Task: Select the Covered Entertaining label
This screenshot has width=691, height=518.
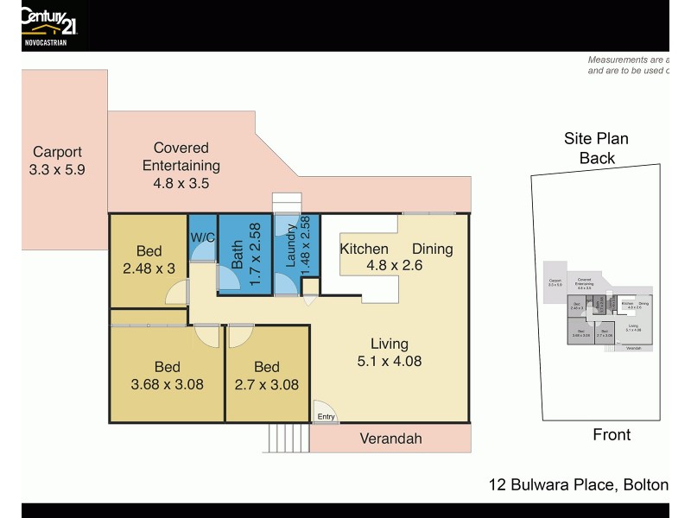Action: click(x=181, y=165)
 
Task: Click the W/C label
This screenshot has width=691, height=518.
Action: click(x=202, y=236)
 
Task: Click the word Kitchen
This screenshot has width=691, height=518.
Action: click(x=364, y=249)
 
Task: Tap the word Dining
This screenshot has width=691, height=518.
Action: click(x=432, y=249)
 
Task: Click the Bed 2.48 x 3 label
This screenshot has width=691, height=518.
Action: click(x=149, y=259)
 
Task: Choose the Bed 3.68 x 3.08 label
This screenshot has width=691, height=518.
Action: click(x=166, y=375)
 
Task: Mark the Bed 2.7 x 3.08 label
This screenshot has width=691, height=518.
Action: click(x=268, y=375)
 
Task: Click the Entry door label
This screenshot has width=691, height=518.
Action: click(x=326, y=417)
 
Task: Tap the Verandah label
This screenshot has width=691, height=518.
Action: click(x=391, y=439)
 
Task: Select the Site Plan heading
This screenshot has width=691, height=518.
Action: click(x=597, y=139)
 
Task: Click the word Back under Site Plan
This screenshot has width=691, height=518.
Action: click(x=597, y=158)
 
